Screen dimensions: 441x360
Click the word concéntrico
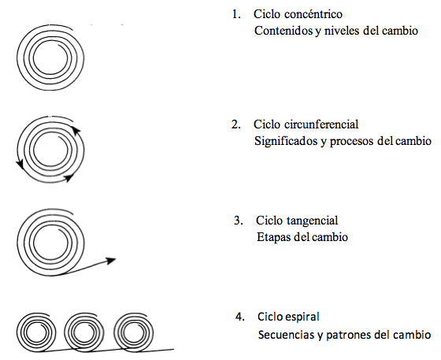coord(313,14)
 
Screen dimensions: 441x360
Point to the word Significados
coord(286,141)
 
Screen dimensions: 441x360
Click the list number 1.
coord(236,14)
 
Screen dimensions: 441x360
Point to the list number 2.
coord(236,124)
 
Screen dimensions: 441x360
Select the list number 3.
coord(238,221)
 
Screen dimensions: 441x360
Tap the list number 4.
coord(240,317)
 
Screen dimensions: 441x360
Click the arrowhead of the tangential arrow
coord(111,261)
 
